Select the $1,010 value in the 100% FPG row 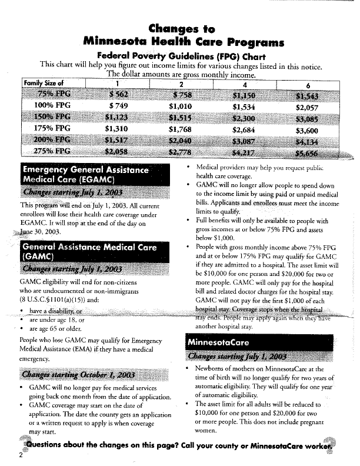(x=180, y=106)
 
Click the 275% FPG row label (x=54, y=151)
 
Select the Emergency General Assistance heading (x=85, y=169)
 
